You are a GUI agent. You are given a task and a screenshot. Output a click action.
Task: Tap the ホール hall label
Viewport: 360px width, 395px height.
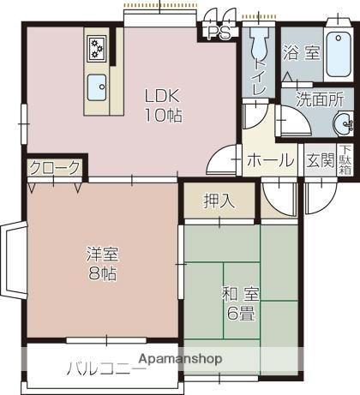270,160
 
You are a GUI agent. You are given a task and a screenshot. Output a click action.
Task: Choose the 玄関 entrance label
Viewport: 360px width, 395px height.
320,160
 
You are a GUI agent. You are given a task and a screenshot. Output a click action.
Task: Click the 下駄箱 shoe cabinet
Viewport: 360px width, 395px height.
345,160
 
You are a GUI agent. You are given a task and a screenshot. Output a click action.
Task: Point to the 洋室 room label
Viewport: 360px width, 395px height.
101,254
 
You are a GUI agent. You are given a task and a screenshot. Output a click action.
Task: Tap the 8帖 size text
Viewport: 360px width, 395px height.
101,275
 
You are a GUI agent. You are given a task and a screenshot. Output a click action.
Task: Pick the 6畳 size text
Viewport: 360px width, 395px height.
242,314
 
